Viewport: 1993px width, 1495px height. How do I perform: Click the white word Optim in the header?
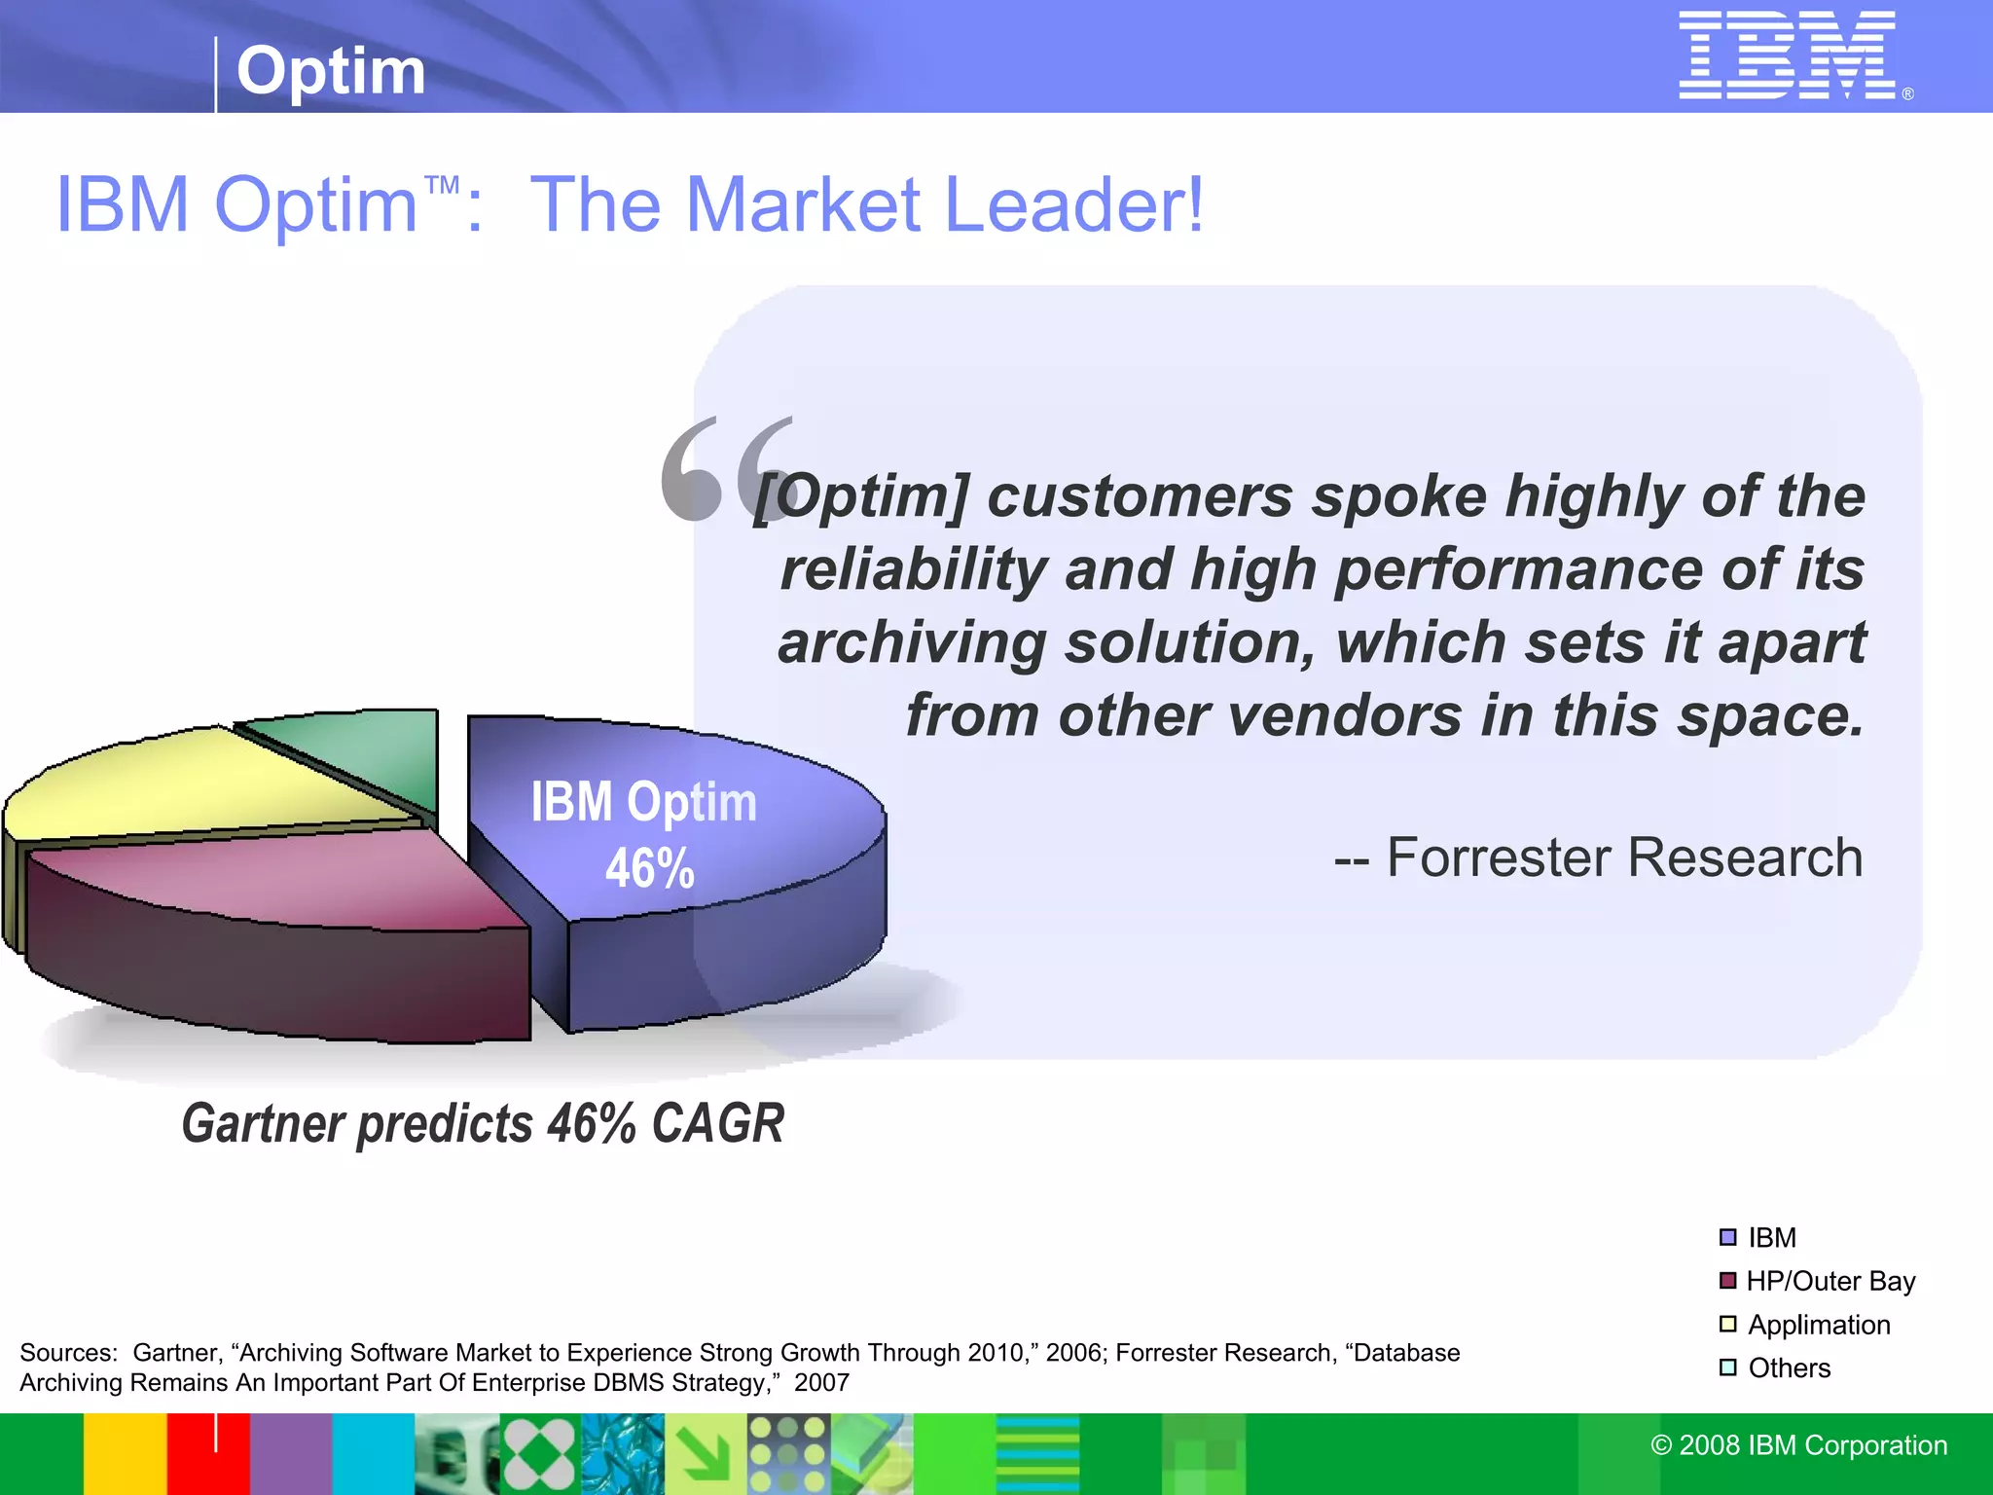331,71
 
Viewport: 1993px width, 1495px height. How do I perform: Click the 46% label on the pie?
649,868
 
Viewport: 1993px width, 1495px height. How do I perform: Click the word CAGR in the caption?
717,1124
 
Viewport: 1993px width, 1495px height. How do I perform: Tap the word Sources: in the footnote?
68,1353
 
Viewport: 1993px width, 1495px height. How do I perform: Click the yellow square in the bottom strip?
125,1454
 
